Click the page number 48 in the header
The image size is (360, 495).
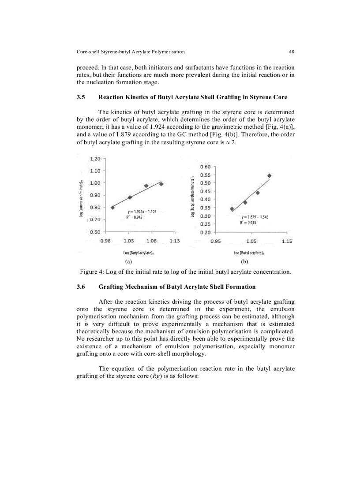[x=292, y=52]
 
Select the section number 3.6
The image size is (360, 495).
[x=81, y=287]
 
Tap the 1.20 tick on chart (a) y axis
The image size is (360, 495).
[x=95, y=159]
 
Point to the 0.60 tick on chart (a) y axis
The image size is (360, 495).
[x=95, y=232]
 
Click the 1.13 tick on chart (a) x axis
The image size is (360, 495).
[x=174, y=241]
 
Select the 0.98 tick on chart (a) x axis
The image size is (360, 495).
[x=105, y=241]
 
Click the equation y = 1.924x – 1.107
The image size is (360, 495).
[x=142, y=212]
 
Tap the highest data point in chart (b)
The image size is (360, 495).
[x=269, y=175]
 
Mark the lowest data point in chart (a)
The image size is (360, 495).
[x=112, y=207]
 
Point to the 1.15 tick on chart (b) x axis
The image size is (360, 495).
[x=287, y=241]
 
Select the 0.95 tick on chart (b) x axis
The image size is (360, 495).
[x=216, y=241]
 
